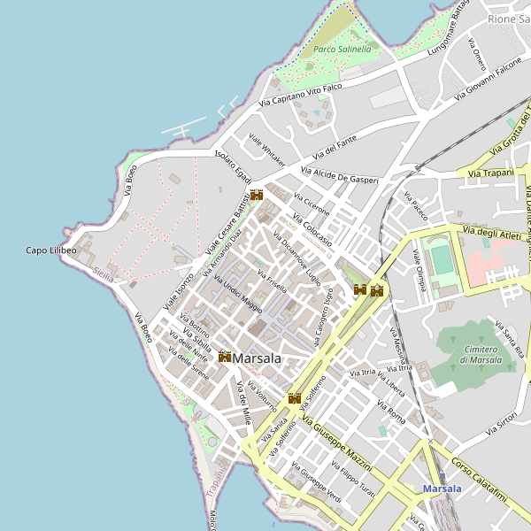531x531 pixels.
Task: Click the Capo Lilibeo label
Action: click(x=50, y=251)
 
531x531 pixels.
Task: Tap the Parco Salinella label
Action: click(x=342, y=50)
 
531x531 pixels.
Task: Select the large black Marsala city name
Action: click(x=258, y=359)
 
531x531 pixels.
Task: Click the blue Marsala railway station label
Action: click(x=442, y=489)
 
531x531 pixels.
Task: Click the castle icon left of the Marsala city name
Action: click(x=225, y=357)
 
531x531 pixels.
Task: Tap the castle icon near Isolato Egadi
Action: click(x=257, y=195)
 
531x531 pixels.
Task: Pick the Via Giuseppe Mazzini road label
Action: click(x=337, y=447)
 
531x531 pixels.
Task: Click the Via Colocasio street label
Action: click(x=312, y=229)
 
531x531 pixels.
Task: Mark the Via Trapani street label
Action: click(x=491, y=173)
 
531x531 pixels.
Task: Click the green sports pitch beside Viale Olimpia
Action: click(x=441, y=259)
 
